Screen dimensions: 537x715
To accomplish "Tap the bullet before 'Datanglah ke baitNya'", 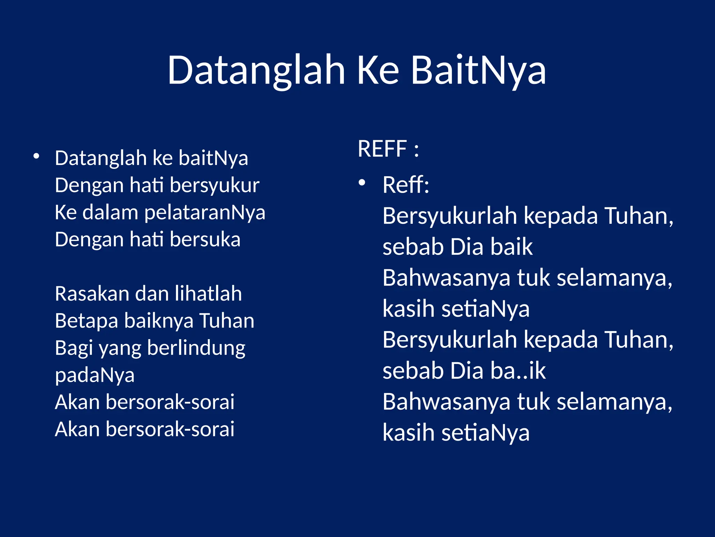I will [x=36, y=156].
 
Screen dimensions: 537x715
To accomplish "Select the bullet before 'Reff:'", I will [x=362, y=182].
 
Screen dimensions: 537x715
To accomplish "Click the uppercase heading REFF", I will [x=382, y=149].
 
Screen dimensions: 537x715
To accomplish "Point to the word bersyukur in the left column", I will [x=215, y=185].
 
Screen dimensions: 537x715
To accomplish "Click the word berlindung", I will [x=196, y=349].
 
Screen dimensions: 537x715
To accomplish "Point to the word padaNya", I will [x=95, y=375].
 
